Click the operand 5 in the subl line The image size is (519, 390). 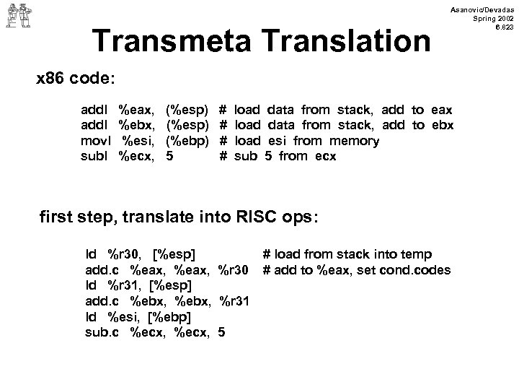pyautogui.click(x=169, y=156)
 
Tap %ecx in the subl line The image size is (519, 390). pyautogui.click(x=136, y=156)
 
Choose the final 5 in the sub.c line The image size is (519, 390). pyautogui.click(x=221, y=332)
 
